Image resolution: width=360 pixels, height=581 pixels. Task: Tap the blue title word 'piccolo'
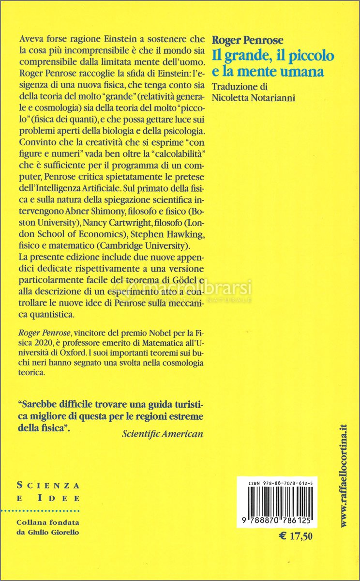pyautogui.click(x=309, y=56)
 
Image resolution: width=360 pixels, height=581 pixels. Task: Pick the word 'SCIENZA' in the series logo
pyautogui.click(x=48, y=485)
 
